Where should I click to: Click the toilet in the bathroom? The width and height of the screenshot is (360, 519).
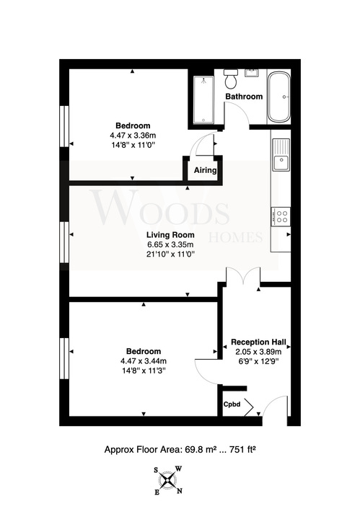click(x=230, y=79)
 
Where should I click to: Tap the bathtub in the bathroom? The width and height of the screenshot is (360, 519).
click(x=279, y=97)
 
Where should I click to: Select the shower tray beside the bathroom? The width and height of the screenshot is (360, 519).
click(x=203, y=99)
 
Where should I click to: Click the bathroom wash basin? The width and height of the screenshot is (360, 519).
click(x=252, y=73)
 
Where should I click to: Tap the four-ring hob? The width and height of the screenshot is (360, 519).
click(x=281, y=216)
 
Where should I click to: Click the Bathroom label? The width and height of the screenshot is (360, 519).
click(x=244, y=97)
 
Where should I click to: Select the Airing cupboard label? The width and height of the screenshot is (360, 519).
click(x=206, y=170)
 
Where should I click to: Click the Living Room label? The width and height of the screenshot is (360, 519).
click(x=170, y=235)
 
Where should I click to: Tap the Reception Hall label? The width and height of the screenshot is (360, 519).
click(x=259, y=342)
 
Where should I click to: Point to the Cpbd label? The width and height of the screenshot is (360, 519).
click(x=232, y=404)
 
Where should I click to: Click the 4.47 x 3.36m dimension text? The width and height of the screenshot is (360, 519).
click(x=133, y=136)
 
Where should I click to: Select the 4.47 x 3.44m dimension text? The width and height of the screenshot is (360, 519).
click(x=144, y=361)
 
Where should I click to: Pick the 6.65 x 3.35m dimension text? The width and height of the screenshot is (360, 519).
click(x=170, y=244)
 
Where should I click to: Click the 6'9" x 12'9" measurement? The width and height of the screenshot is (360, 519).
click(x=259, y=361)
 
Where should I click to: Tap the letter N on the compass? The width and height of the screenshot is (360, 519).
click(x=180, y=491)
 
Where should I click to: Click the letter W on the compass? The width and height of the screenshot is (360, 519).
click(x=178, y=469)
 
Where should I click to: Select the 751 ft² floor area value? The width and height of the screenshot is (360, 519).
click(x=241, y=450)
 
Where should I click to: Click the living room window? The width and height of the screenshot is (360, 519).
click(x=64, y=242)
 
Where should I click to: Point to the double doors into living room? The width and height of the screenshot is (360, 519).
click(x=243, y=276)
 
